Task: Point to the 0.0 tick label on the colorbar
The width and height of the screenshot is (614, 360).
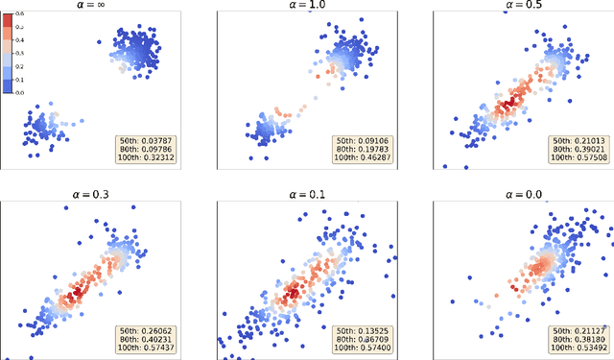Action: [x=21, y=91]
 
